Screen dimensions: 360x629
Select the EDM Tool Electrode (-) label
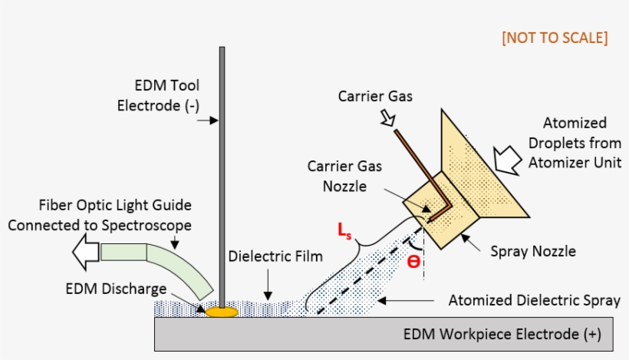[x=157, y=95]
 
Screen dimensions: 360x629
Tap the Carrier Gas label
[x=376, y=97]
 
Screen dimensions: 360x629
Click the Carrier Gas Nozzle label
[x=344, y=176]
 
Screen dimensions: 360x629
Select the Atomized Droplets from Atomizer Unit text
[x=574, y=142]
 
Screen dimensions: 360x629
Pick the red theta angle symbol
[x=413, y=261]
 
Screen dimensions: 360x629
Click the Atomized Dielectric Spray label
[x=534, y=300]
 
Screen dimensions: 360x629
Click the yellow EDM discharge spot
[x=220, y=312]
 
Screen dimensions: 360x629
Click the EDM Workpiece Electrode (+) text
[x=502, y=335]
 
